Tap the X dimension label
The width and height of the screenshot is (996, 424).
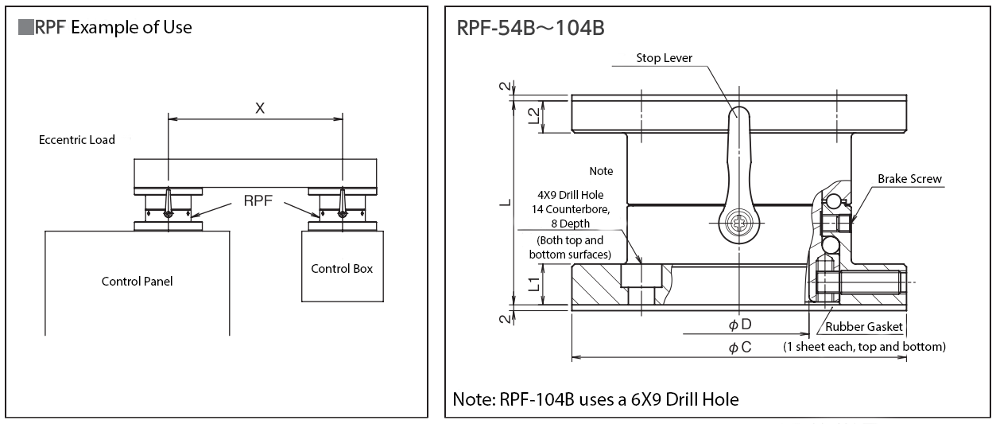[259, 109]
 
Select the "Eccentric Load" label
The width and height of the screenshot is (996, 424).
[77, 140]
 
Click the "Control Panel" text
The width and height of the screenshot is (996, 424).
[137, 281]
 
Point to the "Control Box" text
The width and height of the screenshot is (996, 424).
[342, 268]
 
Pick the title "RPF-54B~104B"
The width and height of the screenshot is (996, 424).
[531, 29]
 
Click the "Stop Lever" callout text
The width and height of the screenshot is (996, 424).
[665, 58]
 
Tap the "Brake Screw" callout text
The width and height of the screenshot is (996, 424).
[909, 179]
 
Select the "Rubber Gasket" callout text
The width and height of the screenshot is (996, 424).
[864, 326]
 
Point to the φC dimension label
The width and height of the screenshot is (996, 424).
[740, 348]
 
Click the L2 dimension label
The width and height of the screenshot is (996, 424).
[534, 115]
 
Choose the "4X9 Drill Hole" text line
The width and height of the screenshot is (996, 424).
[570, 195]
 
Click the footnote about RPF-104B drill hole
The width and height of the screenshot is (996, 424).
[595, 399]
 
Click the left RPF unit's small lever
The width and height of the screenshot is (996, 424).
[169, 202]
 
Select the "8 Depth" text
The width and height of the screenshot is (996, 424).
[570, 224]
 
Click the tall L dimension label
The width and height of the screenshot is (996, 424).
[504, 202]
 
